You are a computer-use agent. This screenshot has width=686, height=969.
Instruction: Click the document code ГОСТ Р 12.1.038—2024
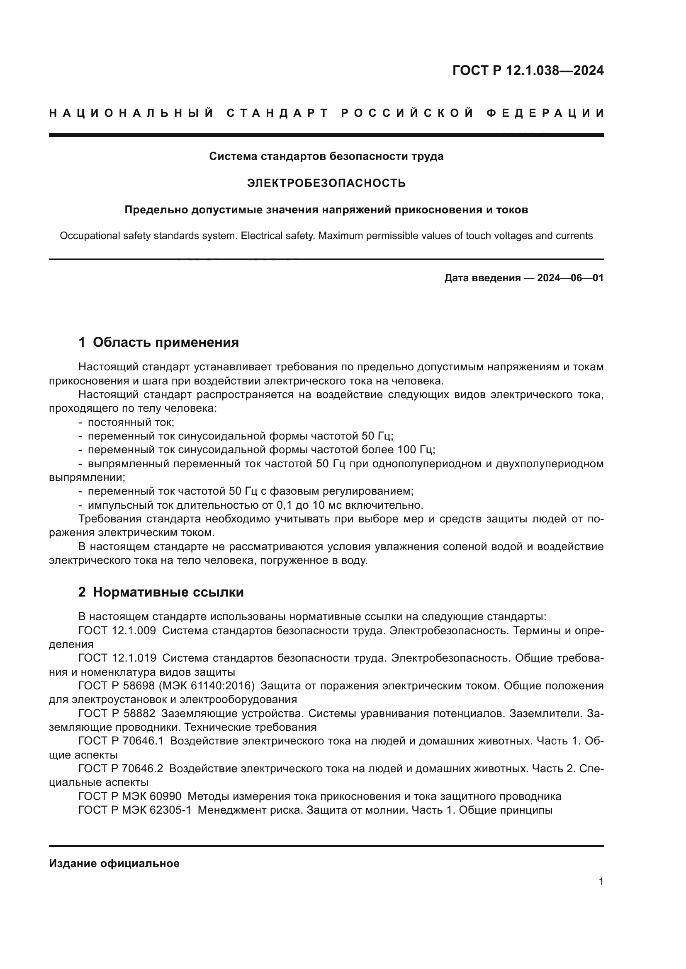(x=528, y=70)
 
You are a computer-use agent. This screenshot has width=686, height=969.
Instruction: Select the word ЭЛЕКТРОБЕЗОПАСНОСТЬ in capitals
(x=326, y=183)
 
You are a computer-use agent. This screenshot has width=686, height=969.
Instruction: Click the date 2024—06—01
(x=570, y=278)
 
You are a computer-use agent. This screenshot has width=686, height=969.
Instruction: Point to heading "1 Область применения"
(x=158, y=342)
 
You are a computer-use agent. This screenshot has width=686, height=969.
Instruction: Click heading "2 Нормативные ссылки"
(x=161, y=592)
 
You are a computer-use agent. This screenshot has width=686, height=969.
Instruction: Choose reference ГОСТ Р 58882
(x=117, y=713)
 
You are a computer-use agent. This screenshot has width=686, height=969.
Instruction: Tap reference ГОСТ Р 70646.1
(x=121, y=741)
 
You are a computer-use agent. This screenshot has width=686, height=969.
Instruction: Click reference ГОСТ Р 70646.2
(x=121, y=768)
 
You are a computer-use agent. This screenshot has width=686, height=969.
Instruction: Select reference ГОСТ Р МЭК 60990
(x=130, y=796)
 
